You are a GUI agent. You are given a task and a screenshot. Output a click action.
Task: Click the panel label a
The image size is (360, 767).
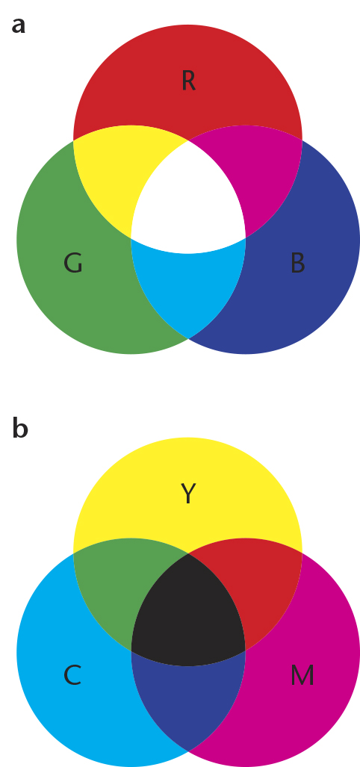[x=18, y=25]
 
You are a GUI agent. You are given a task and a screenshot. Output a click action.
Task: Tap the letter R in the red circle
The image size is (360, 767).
[x=188, y=81]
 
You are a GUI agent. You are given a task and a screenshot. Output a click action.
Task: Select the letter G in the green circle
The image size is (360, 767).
[x=73, y=263]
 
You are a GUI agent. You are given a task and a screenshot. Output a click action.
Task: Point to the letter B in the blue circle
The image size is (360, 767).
[x=297, y=263]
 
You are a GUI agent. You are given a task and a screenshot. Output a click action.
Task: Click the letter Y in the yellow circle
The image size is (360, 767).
[x=188, y=493]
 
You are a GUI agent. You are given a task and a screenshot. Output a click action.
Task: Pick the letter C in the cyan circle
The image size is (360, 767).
[x=72, y=676]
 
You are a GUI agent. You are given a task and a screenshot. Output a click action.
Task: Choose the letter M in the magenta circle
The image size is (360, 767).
[x=302, y=676]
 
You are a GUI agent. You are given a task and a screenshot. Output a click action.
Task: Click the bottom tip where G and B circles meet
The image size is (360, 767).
[x=188, y=338]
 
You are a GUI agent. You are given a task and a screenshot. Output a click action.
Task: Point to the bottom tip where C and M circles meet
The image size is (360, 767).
[x=188, y=751]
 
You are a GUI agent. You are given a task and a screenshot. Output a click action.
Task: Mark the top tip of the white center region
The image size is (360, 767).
[x=188, y=141]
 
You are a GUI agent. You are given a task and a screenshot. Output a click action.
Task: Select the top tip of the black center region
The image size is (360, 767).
[x=188, y=553]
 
